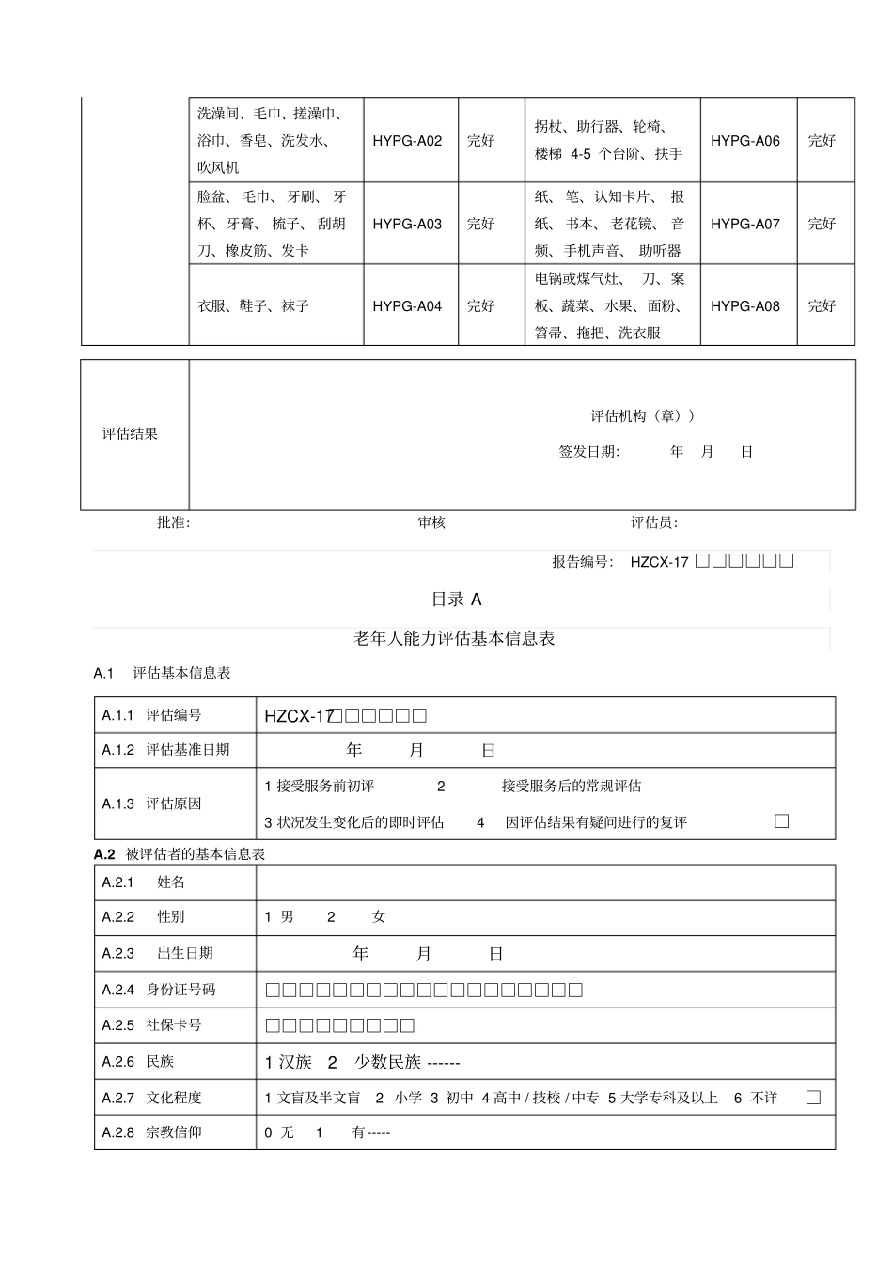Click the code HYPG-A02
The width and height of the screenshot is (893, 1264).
407,141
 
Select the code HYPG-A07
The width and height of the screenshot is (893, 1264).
744,224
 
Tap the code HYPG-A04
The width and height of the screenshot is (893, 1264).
407,306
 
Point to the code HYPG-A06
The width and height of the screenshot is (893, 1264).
744,141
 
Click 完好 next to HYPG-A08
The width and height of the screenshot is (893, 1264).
822,306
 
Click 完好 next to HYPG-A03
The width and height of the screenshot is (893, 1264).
480,224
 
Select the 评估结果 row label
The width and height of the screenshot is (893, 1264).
130,434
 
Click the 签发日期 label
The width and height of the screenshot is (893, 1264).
589,452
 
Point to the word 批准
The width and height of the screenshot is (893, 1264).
173,523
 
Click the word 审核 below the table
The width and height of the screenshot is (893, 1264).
432,523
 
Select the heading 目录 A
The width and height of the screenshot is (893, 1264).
456,600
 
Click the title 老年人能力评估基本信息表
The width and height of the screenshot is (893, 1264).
454,638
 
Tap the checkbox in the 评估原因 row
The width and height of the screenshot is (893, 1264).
781,821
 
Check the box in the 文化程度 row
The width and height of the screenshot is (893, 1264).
813,1097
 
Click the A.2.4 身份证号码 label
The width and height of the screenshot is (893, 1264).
160,990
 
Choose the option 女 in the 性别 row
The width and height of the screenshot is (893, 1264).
378,917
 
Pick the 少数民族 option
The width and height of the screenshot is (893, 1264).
387,1063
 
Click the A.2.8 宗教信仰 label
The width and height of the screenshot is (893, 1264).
152,1132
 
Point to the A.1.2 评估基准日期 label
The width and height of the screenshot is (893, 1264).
166,750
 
